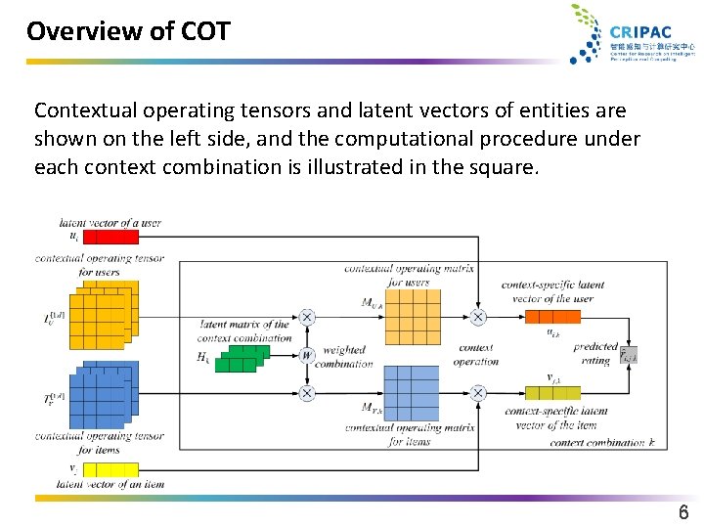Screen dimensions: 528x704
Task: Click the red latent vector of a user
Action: point(112,236)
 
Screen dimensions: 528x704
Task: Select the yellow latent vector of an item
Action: point(112,469)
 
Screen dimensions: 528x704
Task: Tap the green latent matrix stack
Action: point(241,357)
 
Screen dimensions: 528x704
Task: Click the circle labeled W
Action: point(307,355)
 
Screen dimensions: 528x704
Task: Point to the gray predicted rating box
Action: point(628,354)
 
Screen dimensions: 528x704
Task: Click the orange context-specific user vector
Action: point(552,316)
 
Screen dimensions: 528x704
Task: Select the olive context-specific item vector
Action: point(552,392)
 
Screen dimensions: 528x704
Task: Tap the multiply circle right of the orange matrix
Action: point(478,317)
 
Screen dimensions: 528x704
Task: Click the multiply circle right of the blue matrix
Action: point(478,393)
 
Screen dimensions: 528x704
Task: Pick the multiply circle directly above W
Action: point(307,317)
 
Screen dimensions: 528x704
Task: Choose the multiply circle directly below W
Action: point(307,393)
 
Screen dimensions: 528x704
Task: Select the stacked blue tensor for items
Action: point(103,395)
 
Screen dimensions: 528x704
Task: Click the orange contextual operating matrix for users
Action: point(412,317)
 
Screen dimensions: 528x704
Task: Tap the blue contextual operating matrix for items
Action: point(412,393)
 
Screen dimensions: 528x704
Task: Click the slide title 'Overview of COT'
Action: point(128,31)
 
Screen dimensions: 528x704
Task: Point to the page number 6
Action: point(683,512)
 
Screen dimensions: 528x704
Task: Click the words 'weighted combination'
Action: point(344,356)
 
